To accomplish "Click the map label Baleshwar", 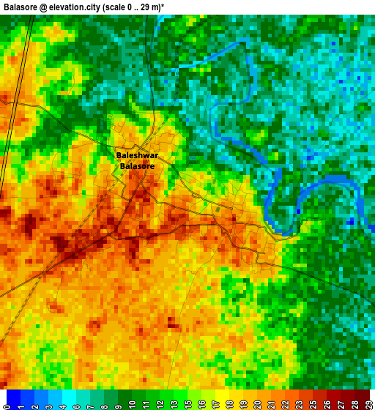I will click(x=137, y=155).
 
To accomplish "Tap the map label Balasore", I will click(x=137, y=166).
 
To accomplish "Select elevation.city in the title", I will click(x=75, y=7).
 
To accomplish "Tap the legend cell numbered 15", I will click(x=194, y=399).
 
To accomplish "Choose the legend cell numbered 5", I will click(x=68, y=399).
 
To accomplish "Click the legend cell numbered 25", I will click(x=319, y=399).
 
